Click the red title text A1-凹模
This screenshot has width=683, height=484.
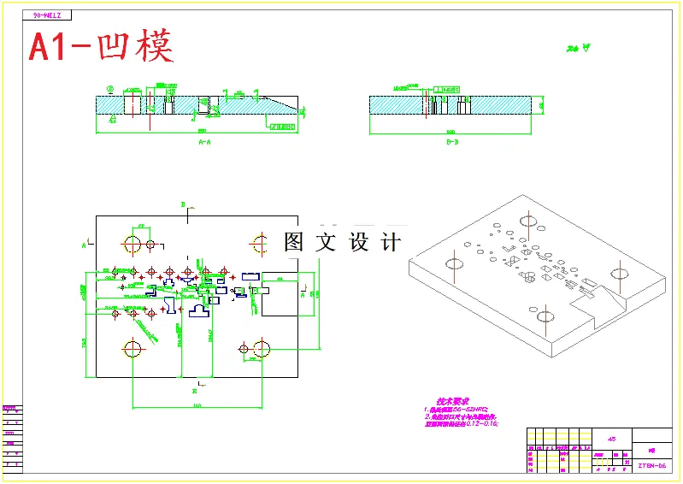pyautogui.click(x=101, y=46)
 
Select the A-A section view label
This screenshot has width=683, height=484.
pyautogui.click(x=204, y=142)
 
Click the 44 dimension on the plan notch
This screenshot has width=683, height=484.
pyautogui.click(x=280, y=279)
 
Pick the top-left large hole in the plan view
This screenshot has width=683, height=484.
pyautogui.click(x=133, y=245)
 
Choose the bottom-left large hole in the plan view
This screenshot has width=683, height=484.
pyautogui.click(x=133, y=348)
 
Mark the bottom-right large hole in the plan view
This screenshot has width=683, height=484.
pyautogui.click(x=262, y=348)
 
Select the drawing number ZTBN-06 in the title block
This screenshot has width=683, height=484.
pyautogui.click(x=652, y=466)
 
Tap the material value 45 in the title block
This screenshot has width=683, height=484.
pyautogui.click(x=610, y=438)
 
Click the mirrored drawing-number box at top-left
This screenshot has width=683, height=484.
pyautogui.click(x=49, y=15)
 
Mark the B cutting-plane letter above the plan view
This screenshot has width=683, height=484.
pyautogui.click(x=183, y=204)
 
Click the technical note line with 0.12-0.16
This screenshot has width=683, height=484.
pyautogui.click(x=462, y=423)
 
